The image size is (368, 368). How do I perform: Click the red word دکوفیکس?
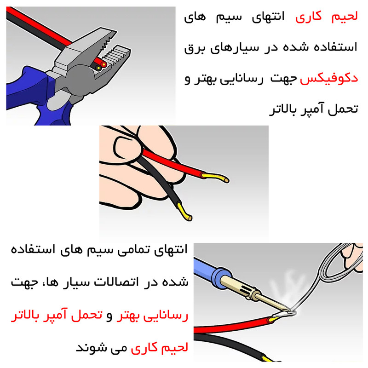click(x=329, y=78)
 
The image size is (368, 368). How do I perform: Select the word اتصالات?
click(x=116, y=282)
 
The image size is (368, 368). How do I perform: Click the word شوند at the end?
click(x=89, y=347)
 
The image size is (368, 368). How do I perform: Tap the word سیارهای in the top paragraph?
click(x=234, y=48)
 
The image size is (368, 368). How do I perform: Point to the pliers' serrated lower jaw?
click(x=115, y=57)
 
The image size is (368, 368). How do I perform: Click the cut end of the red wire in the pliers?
click(x=103, y=64)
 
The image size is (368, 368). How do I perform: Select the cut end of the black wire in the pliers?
click(x=98, y=68)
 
